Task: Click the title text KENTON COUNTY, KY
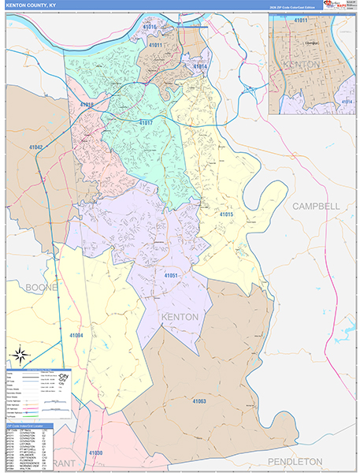(x=32, y=6)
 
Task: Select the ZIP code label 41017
(x=145, y=124)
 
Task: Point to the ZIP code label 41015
(x=226, y=214)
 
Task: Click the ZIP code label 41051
(x=172, y=275)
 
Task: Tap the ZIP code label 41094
(x=76, y=334)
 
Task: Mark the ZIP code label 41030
(x=96, y=453)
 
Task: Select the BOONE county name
(x=40, y=288)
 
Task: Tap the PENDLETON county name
(x=295, y=460)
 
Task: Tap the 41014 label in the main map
(x=200, y=66)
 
